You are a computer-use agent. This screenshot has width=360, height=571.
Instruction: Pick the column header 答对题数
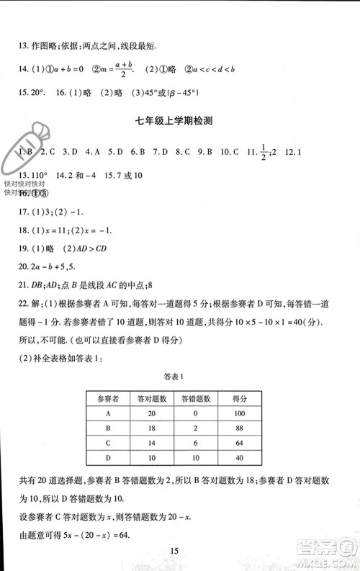(x=152, y=398)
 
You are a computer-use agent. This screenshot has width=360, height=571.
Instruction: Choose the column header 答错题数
(x=195, y=398)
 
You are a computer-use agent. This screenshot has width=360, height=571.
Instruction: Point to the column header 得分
(x=240, y=398)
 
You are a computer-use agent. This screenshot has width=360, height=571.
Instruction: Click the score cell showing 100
(x=240, y=413)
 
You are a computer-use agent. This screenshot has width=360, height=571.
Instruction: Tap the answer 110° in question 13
(x=37, y=175)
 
